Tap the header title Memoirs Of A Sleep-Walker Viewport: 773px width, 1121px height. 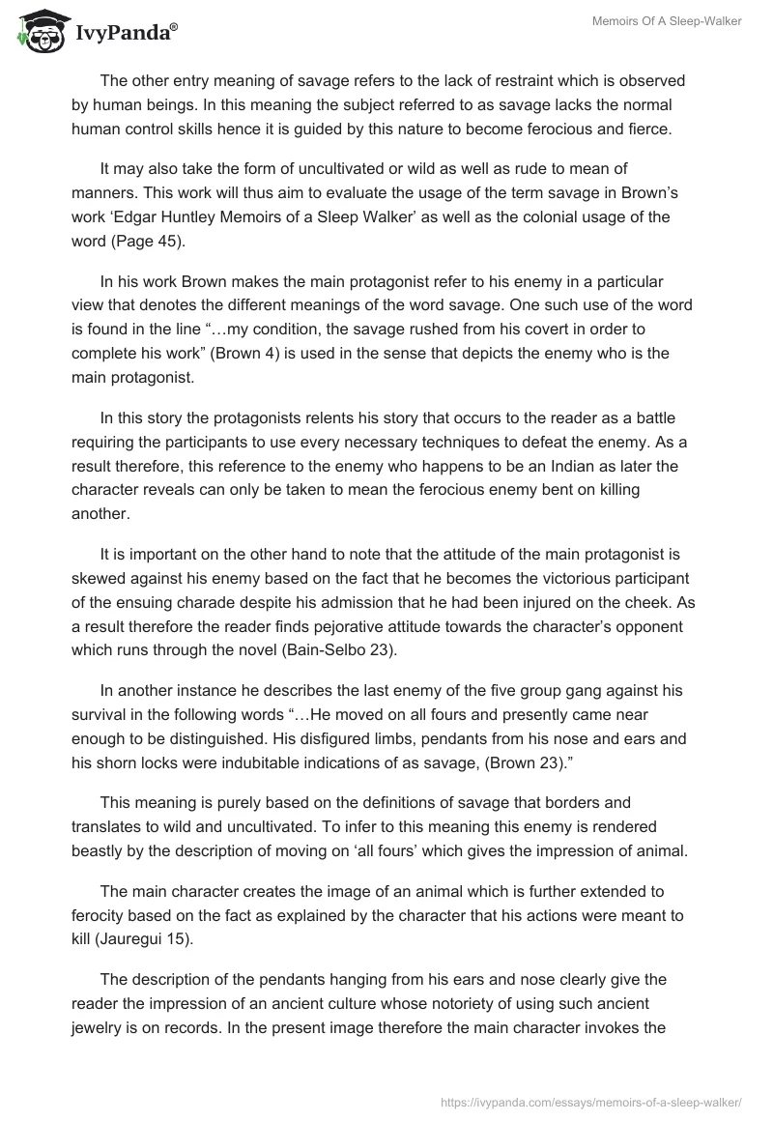[x=667, y=21]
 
